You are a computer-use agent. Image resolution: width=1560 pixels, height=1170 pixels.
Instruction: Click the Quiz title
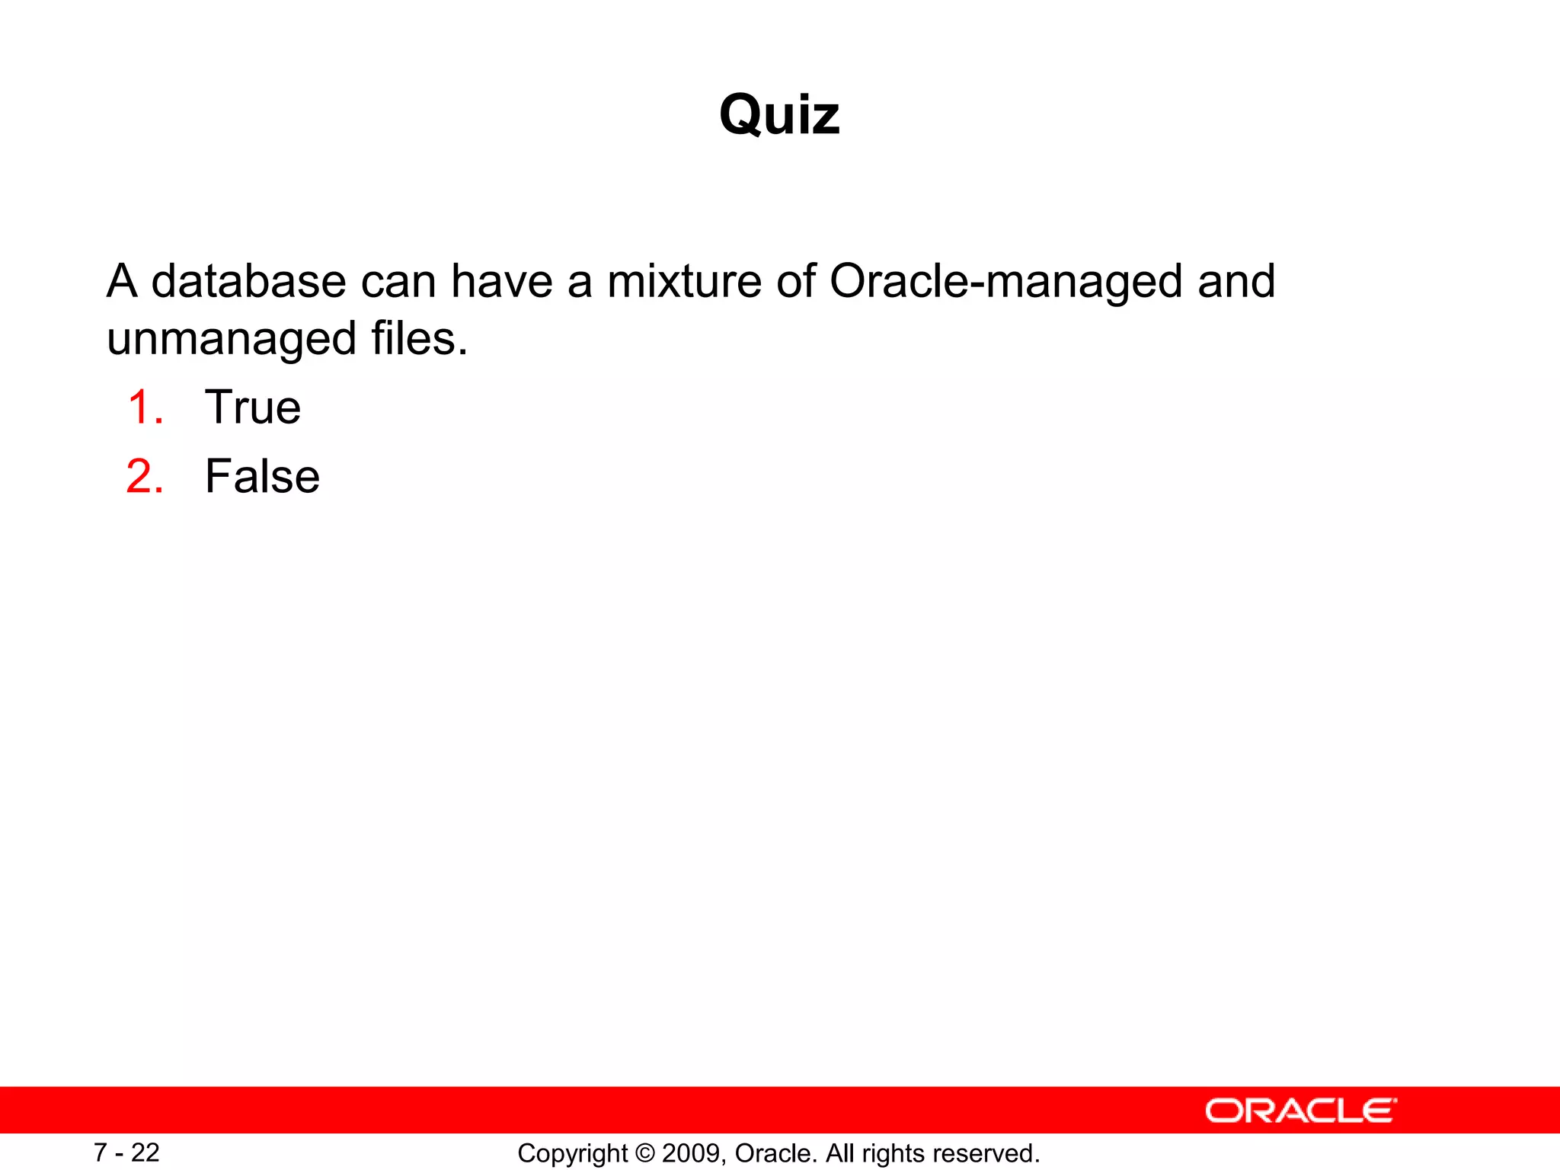(779, 115)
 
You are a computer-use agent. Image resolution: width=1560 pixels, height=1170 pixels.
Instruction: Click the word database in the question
(248, 281)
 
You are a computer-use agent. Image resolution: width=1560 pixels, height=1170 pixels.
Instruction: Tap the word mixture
(684, 281)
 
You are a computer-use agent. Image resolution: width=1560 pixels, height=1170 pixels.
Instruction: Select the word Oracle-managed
(1005, 283)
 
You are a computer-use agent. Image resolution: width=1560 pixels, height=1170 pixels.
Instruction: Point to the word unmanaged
(232, 339)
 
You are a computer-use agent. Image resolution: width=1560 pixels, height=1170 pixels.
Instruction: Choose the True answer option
(253, 407)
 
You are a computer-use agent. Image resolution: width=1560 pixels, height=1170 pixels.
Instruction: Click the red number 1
(145, 407)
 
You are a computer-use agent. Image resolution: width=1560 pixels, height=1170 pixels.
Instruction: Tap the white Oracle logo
(1301, 1111)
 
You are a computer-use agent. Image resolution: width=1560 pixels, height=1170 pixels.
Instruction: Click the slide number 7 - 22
(126, 1152)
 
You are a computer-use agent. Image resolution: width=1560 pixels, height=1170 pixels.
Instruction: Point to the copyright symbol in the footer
(644, 1153)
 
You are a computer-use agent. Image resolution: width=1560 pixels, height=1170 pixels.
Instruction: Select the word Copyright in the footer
(573, 1154)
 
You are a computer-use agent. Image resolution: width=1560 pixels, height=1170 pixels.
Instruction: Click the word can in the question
(398, 281)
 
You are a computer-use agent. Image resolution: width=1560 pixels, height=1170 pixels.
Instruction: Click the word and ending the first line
(1236, 281)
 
